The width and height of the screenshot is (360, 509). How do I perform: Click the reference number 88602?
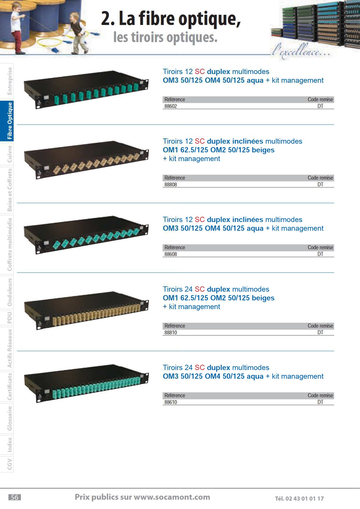point(171,106)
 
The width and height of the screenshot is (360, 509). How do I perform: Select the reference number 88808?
point(171,185)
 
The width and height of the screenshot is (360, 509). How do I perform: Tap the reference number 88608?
point(171,254)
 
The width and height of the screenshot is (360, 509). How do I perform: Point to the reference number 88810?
point(171,333)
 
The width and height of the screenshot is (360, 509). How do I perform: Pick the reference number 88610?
point(171,402)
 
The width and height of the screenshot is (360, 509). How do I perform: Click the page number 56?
point(15,497)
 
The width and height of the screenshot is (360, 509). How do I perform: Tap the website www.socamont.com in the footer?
point(172,497)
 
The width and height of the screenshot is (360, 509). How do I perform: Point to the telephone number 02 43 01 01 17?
point(305,499)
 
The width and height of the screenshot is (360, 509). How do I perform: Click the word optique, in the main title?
point(210,19)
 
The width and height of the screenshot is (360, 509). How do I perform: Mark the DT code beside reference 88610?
point(320,402)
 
